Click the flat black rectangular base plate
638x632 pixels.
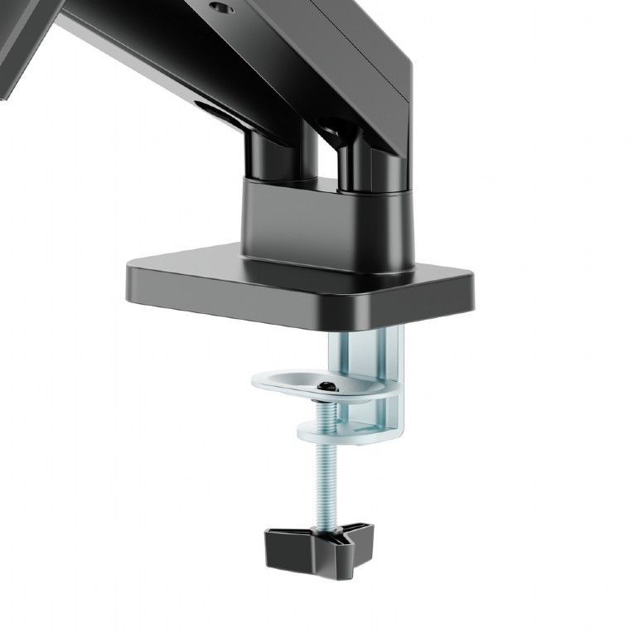pyautogui.click(x=298, y=286)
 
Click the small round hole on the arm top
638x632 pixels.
pyautogui.click(x=220, y=7)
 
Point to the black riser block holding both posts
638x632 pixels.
pyautogui.click(x=327, y=220)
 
